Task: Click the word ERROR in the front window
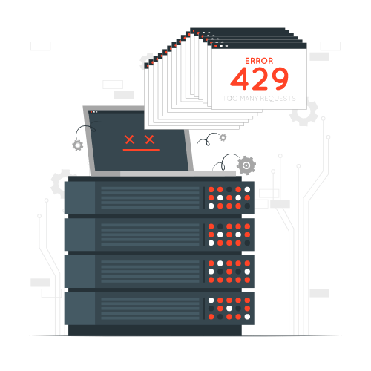[259, 61]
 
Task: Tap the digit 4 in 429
[240, 79]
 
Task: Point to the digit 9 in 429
[278, 79]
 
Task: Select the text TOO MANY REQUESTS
[259, 99]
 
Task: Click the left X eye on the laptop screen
[130, 139]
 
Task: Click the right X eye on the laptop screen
[150, 139]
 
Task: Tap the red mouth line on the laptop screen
[141, 150]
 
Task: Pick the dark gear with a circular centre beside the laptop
[246, 165]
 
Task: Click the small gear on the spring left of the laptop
[78, 145]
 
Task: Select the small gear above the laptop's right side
[223, 137]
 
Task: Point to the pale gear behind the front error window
[303, 113]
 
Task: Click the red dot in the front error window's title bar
[216, 46]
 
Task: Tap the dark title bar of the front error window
[259, 46]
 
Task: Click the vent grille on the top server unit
[150, 197]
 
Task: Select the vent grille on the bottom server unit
[150, 309]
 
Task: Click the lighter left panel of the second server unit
[79, 234]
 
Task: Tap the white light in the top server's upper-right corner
[247, 190]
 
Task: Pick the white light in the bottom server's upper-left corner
[211, 301]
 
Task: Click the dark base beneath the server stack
[155, 330]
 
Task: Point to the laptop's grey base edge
[163, 174]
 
